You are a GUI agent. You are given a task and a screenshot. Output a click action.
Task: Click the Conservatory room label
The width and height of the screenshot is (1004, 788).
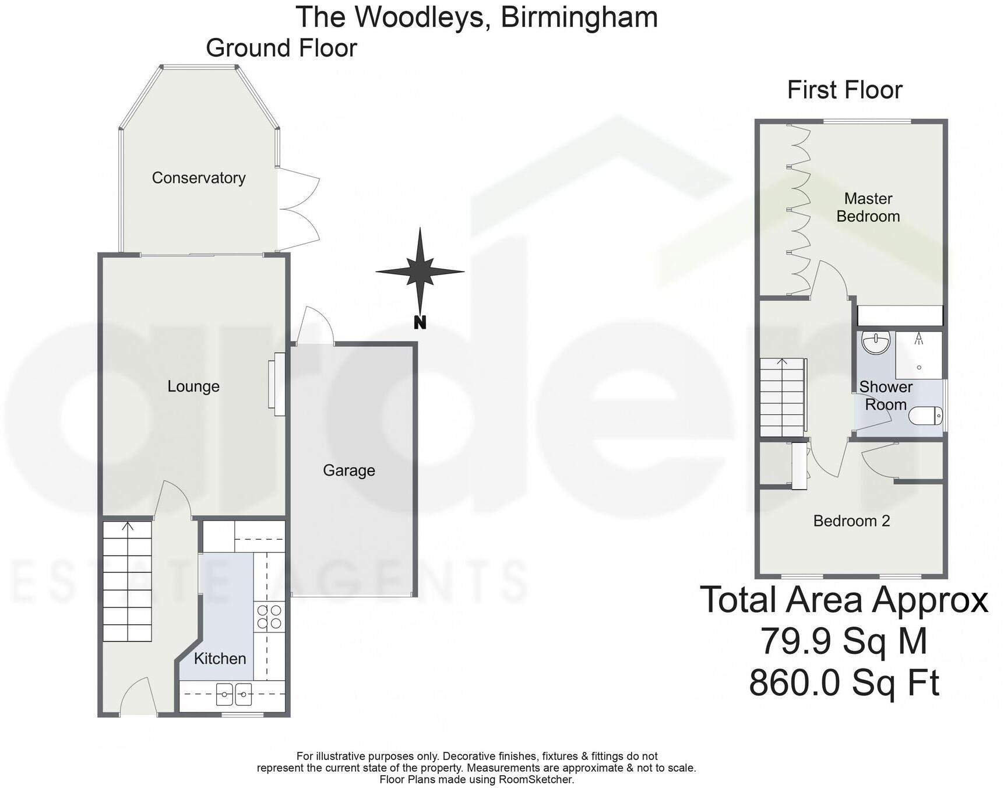[x=199, y=178]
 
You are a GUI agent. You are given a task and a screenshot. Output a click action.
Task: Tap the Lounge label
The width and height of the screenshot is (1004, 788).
[x=193, y=386]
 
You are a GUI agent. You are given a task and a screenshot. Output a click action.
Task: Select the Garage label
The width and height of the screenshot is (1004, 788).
[x=349, y=470]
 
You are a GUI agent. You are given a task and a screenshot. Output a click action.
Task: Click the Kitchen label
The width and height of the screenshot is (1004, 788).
[x=220, y=659]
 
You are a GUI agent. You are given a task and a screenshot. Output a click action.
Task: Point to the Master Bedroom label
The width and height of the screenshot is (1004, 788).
[x=868, y=207]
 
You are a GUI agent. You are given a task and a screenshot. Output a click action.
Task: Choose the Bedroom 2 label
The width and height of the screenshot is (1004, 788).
[x=851, y=521]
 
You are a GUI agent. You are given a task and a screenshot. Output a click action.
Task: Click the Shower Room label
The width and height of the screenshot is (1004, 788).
[x=886, y=396]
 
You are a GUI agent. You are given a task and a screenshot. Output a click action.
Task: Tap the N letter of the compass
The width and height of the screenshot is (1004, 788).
[x=420, y=322]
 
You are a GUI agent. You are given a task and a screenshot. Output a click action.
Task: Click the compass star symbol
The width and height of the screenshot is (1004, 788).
[x=420, y=271]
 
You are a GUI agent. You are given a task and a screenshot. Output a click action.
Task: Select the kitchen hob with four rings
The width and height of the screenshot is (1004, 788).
[x=269, y=617]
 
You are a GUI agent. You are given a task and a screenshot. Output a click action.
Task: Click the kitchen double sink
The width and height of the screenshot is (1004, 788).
[x=234, y=694]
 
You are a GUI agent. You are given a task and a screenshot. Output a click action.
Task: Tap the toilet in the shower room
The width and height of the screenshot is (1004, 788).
[x=926, y=416]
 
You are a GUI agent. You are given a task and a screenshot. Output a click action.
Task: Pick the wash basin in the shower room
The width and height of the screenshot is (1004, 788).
[x=875, y=343]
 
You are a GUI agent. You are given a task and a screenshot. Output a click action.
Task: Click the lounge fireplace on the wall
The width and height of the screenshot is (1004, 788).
[x=276, y=384]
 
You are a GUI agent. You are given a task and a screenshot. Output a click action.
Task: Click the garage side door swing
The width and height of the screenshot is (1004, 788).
[x=315, y=326]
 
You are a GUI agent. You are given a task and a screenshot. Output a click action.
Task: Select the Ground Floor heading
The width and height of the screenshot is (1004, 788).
[x=281, y=48]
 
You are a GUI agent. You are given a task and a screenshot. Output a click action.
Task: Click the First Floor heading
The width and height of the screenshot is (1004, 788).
[x=844, y=90]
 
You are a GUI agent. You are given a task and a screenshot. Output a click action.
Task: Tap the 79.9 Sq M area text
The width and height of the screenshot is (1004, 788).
[x=843, y=641]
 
